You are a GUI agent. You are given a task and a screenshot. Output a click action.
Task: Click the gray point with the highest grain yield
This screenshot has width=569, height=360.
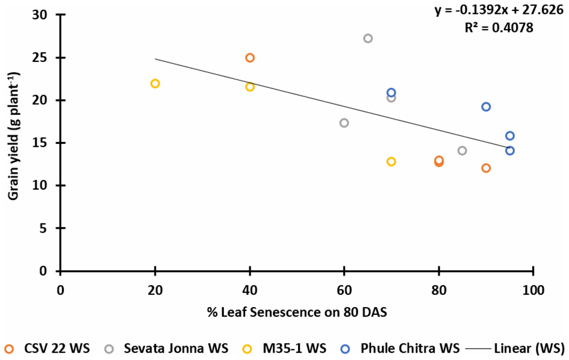click(368, 39)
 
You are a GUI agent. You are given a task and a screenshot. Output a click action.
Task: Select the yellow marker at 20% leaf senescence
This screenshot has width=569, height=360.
click(155, 84)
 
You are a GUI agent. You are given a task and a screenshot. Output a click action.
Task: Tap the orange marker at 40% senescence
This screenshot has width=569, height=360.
click(250, 58)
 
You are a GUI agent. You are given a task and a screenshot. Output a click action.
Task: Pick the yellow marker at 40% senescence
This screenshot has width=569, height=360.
click(250, 87)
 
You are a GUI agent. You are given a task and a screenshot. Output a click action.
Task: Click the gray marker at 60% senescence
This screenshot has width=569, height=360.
click(344, 123)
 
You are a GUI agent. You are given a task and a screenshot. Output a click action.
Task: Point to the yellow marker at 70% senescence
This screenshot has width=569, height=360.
click(391, 161)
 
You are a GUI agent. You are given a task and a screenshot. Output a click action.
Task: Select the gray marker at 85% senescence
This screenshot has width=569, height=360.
click(462, 151)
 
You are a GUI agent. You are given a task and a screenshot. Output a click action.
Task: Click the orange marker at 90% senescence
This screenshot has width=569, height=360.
click(486, 168)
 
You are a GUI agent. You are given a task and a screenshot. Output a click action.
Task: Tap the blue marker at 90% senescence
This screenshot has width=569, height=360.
click(486, 107)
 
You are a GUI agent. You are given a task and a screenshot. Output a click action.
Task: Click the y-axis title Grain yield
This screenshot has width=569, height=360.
click(11, 143)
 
